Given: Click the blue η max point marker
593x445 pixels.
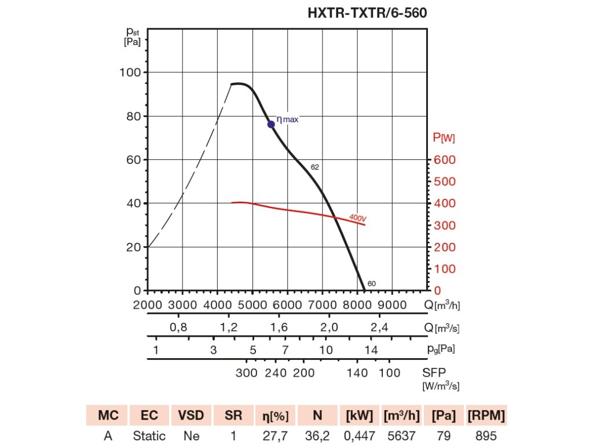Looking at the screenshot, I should click(x=270, y=124).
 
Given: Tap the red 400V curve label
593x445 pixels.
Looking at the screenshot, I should click(x=358, y=218).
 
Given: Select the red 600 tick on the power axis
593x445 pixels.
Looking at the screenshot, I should click(x=445, y=160).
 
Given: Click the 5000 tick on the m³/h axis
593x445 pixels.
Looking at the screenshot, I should click(x=252, y=305).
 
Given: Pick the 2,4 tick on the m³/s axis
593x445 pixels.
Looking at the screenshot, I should click(x=379, y=328).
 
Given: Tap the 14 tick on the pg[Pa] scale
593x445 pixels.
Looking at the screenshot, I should click(x=371, y=350).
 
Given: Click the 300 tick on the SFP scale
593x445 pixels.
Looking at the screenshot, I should click(x=247, y=373).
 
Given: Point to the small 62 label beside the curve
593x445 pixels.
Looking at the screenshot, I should click(x=315, y=167).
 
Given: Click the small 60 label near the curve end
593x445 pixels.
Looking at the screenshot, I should click(x=372, y=283).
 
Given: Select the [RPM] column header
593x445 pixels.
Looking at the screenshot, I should click(x=486, y=415).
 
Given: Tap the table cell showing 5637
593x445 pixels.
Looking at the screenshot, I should click(x=400, y=435).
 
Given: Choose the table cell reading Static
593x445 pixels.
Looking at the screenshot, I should click(x=148, y=435).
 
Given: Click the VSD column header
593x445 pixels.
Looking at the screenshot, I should click(x=191, y=415).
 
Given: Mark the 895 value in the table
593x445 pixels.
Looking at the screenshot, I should click(x=486, y=435).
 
